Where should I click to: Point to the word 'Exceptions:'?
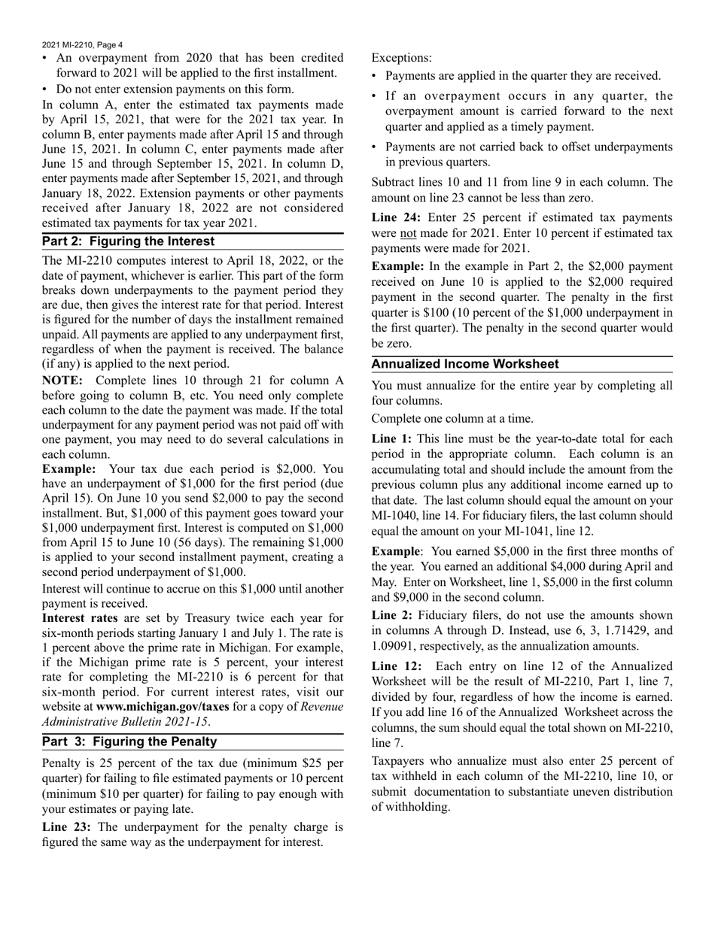pyautogui.click(x=402, y=57)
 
